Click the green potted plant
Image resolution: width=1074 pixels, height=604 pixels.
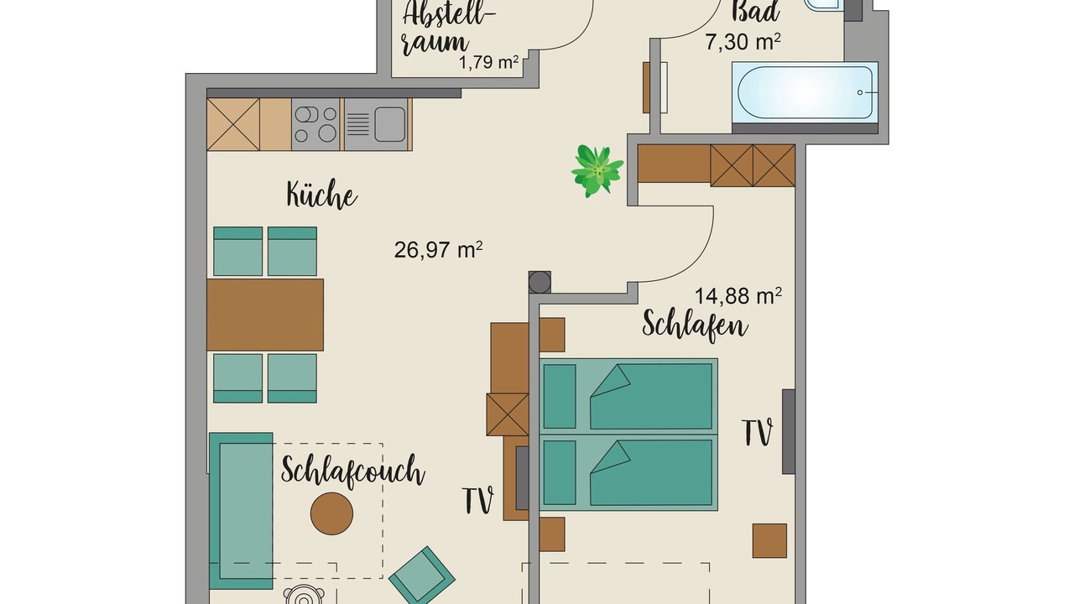click(597, 170)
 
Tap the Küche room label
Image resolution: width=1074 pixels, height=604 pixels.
click(321, 195)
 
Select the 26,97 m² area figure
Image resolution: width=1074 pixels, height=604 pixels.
click(438, 250)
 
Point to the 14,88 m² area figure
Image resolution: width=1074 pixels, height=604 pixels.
click(738, 296)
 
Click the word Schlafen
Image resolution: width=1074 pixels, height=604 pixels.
click(695, 326)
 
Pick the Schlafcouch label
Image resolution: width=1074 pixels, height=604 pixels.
click(353, 471)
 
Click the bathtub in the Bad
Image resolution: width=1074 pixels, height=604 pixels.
click(805, 92)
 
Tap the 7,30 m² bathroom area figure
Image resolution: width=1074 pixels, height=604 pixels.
click(743, 42)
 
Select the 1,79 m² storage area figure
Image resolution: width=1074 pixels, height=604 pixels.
click(489, 62)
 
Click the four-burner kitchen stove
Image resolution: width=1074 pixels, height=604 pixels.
click(315, 124)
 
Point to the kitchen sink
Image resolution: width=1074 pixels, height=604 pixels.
click(376, 124)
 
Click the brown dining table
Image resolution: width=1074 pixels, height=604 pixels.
click(265, 315)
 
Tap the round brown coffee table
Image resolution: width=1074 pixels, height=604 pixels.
click(331, 513)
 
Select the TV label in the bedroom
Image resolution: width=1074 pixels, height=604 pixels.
click(757, 433)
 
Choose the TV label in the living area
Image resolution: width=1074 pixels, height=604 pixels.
click(478, 501)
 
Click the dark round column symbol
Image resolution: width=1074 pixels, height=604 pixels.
click(540, 282)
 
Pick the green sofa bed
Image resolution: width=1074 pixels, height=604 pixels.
click(241, 511)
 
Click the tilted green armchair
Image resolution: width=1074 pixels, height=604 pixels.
click(421, 576)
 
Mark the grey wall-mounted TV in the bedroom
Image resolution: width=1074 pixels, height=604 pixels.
click(789, 431)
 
